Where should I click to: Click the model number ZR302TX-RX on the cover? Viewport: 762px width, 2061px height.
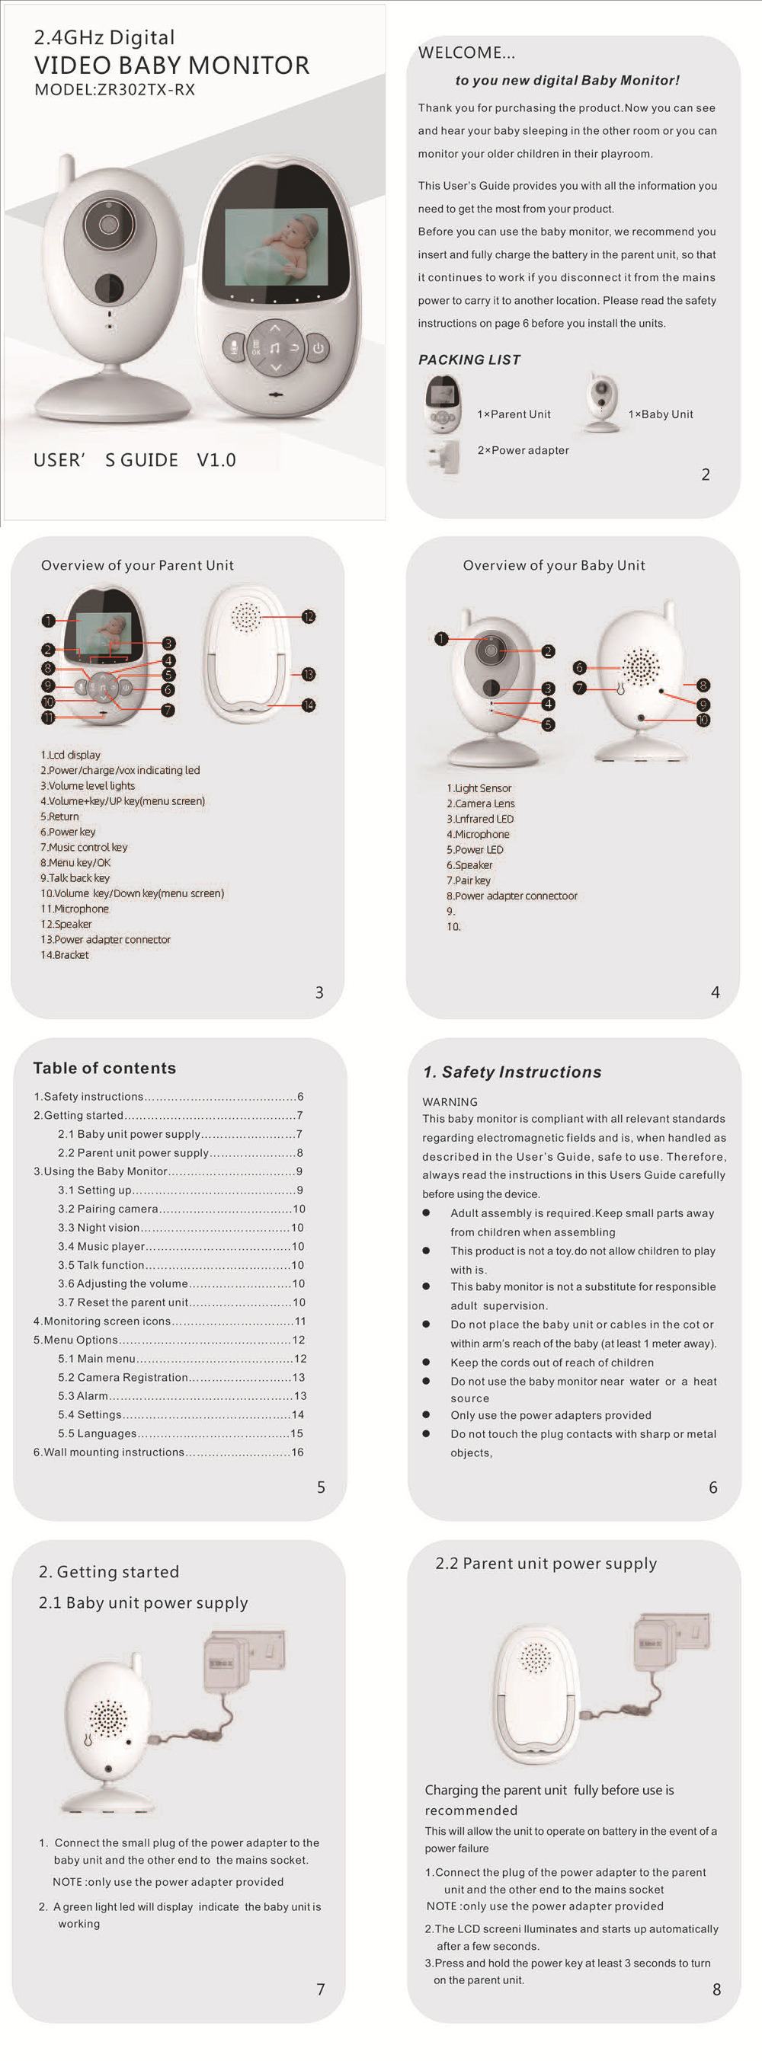(146, 90)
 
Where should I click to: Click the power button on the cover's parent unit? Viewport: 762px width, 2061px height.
(319, 348)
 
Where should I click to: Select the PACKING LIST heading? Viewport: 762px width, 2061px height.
(469, 360)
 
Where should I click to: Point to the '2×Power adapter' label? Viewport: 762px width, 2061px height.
(523, 450)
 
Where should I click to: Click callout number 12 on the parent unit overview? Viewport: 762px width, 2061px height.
(309, 617)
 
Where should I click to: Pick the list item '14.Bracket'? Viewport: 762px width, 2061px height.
(65, 955)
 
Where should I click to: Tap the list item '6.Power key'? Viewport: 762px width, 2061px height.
(68, 832)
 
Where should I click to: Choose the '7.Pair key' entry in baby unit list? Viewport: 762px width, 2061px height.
(469, 881)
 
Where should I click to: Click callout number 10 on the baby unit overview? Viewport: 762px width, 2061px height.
(703, 720)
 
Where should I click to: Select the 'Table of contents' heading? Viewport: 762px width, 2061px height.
(104, 1068)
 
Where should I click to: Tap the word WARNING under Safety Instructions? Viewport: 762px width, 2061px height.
(450, 1101)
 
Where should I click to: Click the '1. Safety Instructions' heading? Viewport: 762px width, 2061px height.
(512, 1072)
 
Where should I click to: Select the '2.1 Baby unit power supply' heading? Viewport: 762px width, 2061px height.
(143, 1602)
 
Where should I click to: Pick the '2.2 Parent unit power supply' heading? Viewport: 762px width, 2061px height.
(546, 1564)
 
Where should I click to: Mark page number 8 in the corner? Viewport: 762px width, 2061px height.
(716, 1990)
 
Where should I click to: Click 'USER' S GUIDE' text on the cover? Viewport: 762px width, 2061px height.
(106, 460)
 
